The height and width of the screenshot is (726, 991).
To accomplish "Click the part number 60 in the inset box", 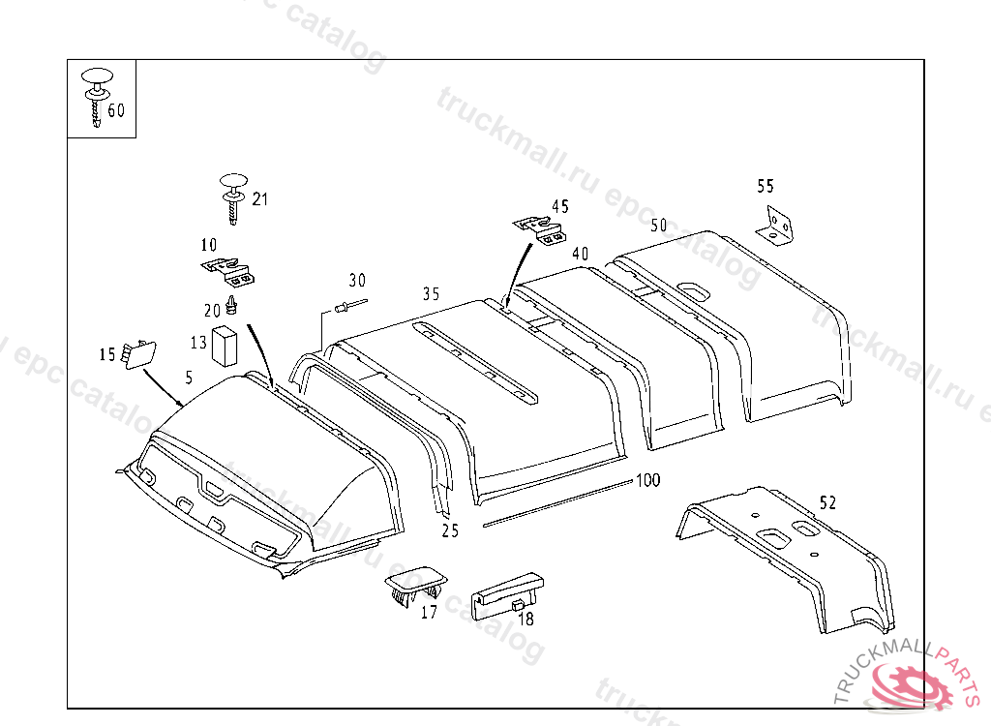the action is click(x=116, y=110).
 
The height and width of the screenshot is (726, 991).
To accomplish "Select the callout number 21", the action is click(x=259, y=199).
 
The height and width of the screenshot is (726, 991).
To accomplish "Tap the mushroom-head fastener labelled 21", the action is click(x=234, y=195).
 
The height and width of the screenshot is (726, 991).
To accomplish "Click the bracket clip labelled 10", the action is click(x=228, y=271).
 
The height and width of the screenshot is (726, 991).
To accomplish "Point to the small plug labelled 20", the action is click(x=232, y=306).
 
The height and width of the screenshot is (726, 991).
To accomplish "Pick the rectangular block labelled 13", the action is click(x=225, y=345).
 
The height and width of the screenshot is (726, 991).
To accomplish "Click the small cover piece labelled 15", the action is click(x=138, y=353).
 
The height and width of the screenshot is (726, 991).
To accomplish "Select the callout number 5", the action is click(x=189, y=375).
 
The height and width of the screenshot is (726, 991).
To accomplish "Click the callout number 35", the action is click(x=431, y=292).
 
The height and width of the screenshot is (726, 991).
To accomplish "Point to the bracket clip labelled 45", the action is click(x=540, y=231).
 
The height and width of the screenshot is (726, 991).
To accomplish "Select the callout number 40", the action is click(x=580, y=254).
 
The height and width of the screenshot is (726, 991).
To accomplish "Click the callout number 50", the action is click(x=659, y=226).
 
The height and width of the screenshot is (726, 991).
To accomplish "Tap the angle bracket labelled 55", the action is click(x=776, y=225).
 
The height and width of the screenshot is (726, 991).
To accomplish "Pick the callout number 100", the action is click(x=647, y=480).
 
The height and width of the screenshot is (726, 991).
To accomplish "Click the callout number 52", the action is click(x=827, y=502).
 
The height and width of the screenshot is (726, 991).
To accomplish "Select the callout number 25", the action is click(x=450, y=529).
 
